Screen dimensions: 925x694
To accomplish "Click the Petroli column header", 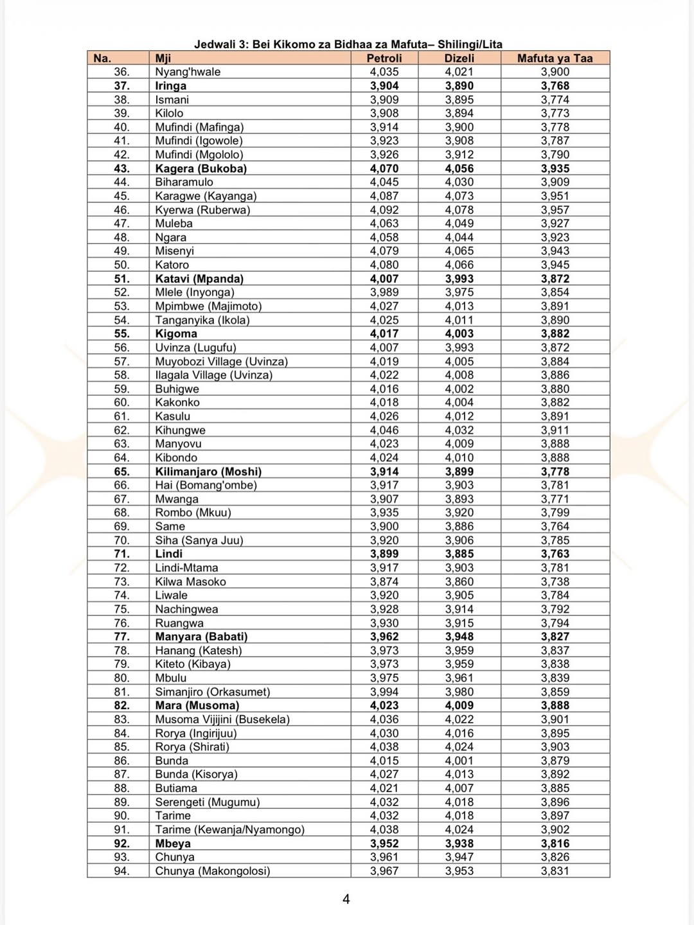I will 384,58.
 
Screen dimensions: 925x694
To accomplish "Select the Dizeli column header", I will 459,58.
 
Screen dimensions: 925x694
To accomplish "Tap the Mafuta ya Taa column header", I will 555,58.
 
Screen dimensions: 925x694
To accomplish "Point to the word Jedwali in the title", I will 215,44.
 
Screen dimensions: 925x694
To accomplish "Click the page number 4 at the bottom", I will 346,899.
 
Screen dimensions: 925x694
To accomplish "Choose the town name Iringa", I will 170,86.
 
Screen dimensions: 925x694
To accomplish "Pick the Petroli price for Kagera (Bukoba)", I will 384,169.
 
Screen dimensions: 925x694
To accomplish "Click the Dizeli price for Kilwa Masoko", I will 459,582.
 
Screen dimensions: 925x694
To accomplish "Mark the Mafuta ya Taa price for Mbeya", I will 555,843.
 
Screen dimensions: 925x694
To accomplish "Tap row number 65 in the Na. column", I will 121,471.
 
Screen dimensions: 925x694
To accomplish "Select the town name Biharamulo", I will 184,182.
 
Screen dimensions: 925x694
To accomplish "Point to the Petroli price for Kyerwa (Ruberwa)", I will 384,210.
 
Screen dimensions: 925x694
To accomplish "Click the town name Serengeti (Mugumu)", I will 207,802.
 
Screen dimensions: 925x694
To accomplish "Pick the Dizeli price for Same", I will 459,527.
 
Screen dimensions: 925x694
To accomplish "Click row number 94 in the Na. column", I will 121,871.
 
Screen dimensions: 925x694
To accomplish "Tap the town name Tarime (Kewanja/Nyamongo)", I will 229,830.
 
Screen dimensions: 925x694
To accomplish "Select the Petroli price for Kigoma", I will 384,334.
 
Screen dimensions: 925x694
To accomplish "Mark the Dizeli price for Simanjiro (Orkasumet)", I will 459,692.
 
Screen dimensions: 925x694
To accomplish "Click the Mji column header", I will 163,58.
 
